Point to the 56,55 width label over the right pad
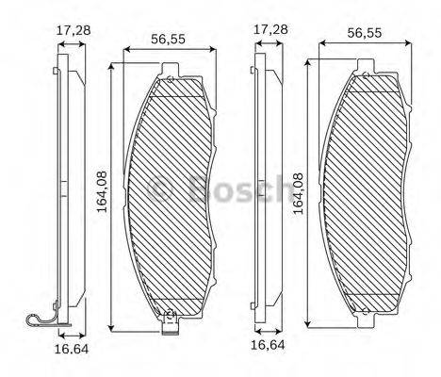[x=366, y=31]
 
